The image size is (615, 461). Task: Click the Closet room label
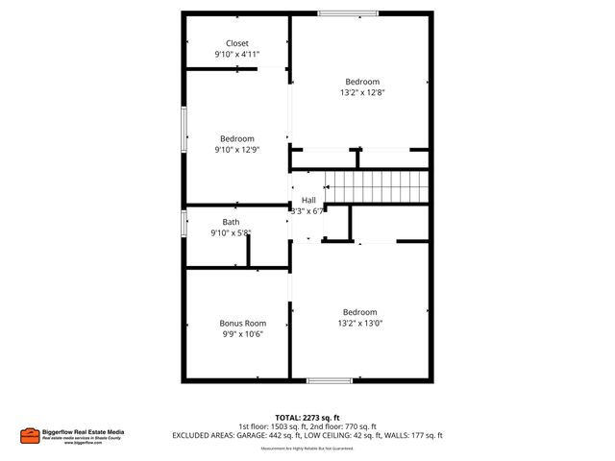tap(236, 43)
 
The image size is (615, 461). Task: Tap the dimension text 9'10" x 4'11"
tap(236, 55)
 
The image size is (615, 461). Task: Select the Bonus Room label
tap(242, 323)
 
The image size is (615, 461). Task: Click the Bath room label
tap(231, 222)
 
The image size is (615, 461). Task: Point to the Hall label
tap(308, 200)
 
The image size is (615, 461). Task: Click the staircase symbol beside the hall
tap(376, 185)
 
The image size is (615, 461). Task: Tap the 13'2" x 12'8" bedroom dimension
tap(362, 93)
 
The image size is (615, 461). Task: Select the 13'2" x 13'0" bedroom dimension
tap(360, 324)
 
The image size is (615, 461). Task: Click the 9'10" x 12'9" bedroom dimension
tap(236, 150)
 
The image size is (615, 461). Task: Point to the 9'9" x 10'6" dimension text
tap(242, 334)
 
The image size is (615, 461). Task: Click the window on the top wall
tap(348, 13)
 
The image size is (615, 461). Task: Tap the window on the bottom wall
tap(329, 381)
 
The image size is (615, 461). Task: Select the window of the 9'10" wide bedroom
tap(184, 129)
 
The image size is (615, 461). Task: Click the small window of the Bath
tap(184, 223)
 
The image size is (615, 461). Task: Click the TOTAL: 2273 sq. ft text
tap(307, 417)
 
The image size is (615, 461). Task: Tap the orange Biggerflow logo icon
tap(29, 435)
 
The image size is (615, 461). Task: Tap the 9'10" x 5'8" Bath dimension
tap(231, 233)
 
